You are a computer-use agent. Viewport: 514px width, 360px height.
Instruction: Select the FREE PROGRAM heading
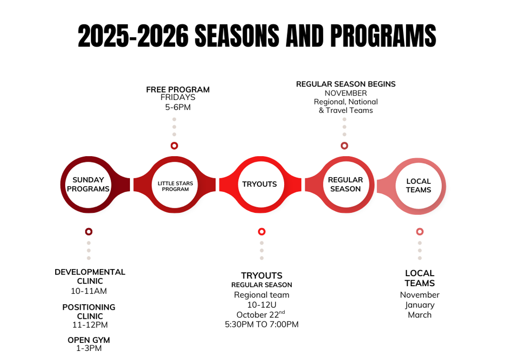point(178,89)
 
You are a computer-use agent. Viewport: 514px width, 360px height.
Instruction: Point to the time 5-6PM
point(178,107)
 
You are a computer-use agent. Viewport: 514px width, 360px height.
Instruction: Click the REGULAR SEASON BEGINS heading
point(346,84)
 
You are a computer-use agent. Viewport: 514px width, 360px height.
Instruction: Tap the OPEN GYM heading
point(89,340)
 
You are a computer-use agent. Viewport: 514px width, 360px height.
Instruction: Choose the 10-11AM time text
point(89,291)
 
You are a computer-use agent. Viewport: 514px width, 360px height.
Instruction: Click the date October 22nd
point(261,314)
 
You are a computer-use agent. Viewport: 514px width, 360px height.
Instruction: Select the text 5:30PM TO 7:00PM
point(262,324)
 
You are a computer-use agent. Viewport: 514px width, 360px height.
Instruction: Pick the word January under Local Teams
point(420,305)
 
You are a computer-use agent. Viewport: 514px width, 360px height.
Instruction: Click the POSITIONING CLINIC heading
point(89,311)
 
